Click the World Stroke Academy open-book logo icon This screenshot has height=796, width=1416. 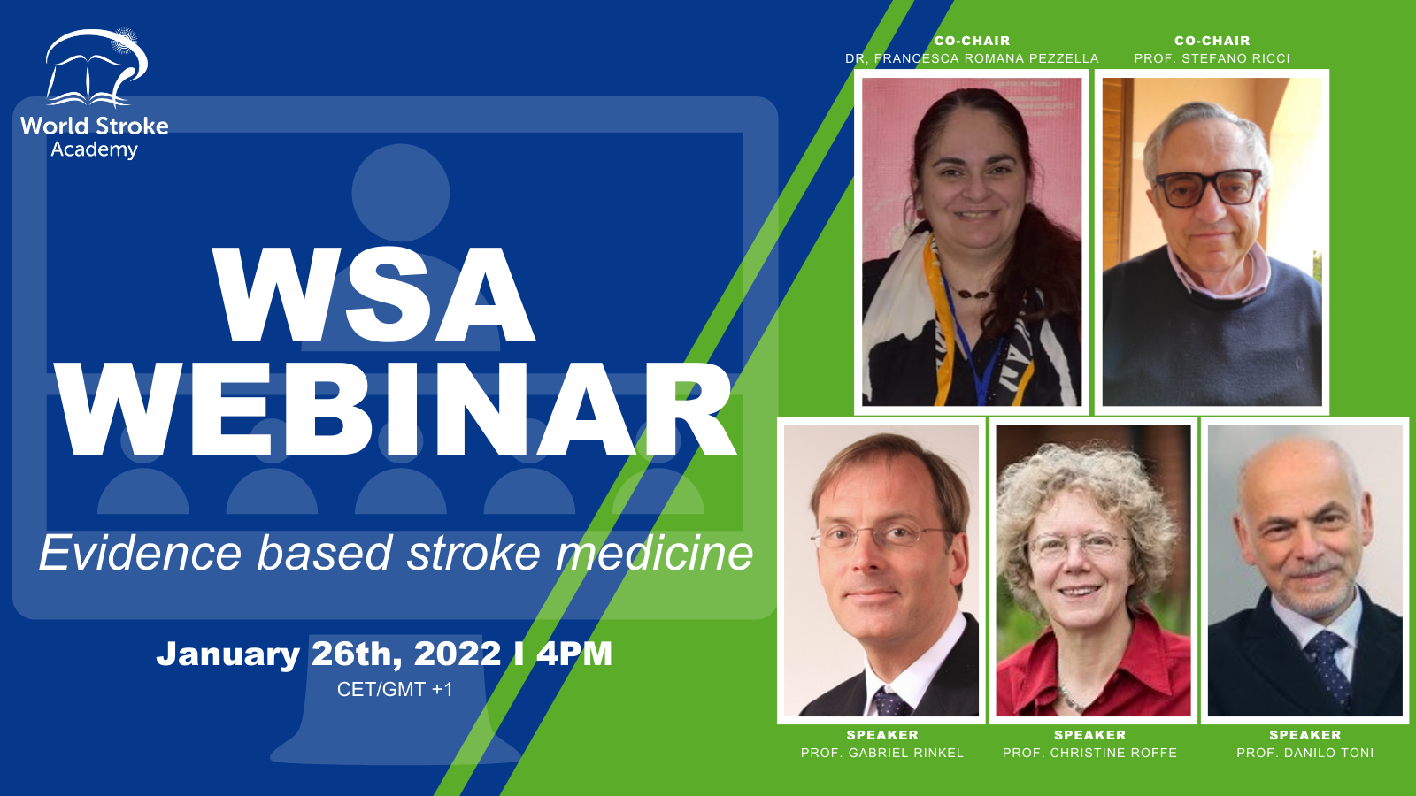[96, 68]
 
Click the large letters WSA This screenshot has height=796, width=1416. [373, 295]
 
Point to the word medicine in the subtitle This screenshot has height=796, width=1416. [654, 553]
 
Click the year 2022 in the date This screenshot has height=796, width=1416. [457, 654]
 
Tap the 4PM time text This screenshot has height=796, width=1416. [574, 654]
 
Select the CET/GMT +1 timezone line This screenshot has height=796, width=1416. [395, 689]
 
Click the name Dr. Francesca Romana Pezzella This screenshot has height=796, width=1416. [972, 58]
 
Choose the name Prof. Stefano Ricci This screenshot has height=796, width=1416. [1212, 58]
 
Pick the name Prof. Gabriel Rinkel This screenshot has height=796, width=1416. [881, 753]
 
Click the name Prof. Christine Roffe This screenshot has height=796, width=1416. [1089, 753]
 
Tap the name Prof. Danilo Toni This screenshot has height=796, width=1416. [1305, 753]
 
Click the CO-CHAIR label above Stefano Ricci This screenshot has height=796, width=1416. [1212, 41]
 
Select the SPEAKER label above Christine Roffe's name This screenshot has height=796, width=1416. [1089, 735]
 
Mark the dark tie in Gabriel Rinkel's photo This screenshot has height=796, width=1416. [891, 702]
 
